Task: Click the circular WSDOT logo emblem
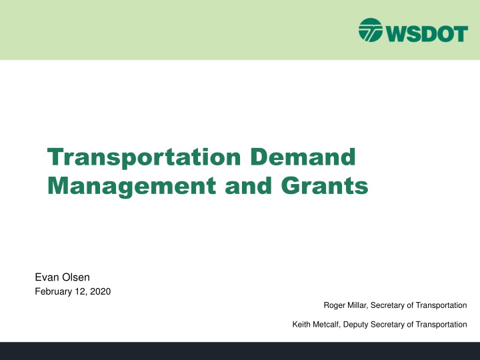click(x=371, y=30)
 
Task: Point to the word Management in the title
click(x=125, y=186)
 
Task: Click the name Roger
click(x=335, y=305)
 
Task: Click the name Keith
click(x=303, y=325)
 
